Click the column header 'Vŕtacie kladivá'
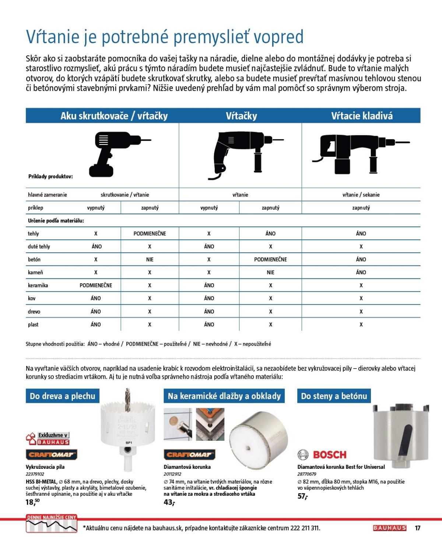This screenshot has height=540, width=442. click(x=362, y=116)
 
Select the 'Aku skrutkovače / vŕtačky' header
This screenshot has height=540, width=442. click(x=114, y=116)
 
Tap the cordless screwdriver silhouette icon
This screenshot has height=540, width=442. click(x=114, y=153)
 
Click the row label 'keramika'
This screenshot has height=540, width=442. click(x=38, y=285)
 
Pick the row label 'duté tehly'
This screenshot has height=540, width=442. click(x=39, y=246)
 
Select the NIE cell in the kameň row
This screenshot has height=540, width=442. click(x=270, y=272)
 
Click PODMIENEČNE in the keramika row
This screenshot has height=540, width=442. click(x=96, y=285)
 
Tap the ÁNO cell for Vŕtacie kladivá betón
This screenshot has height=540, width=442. click(x=361, y=259)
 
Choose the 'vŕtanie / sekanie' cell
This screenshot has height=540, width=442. click(x=361, y=195)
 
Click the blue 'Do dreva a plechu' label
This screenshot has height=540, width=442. click(x=63, y=396)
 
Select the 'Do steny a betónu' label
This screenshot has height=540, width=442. click(x=334, y=396)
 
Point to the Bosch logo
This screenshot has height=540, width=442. click(x=322, y=454)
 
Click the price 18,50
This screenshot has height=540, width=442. click(x=32, y=502)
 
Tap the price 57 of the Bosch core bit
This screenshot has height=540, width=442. click(x=302, y=496)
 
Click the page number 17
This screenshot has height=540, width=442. click(x=417, y=528)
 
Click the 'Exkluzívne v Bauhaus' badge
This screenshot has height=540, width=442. click(x=48, y=438)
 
